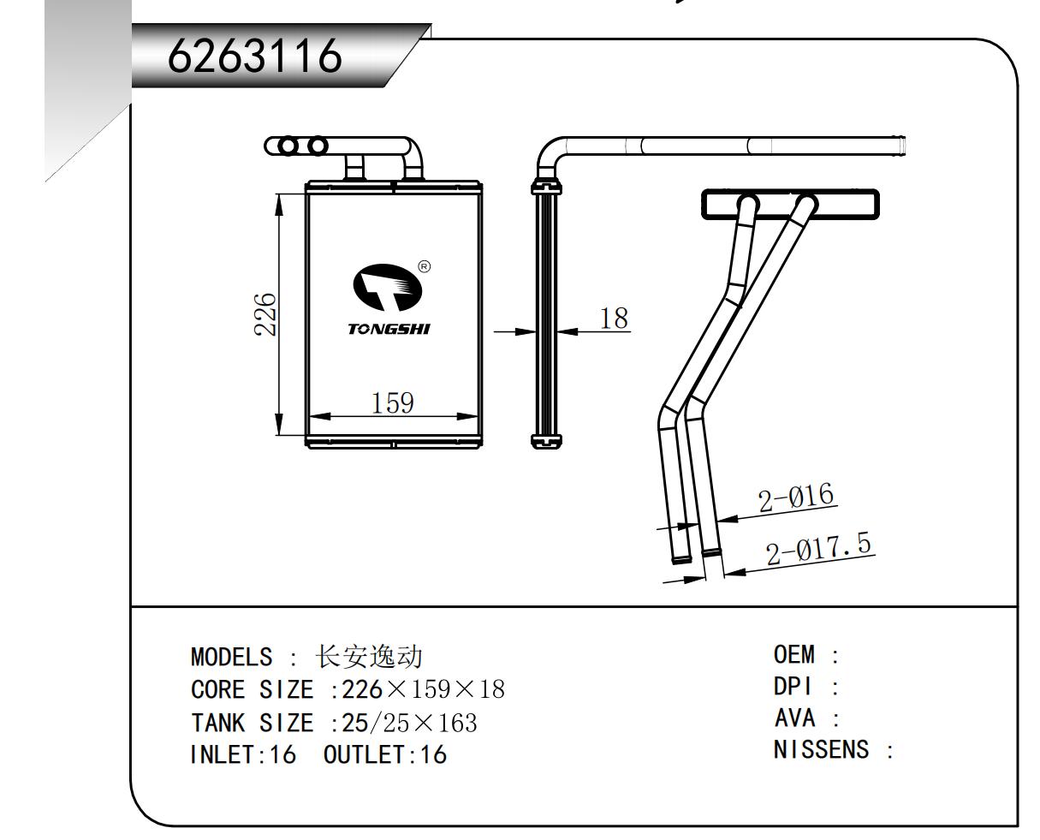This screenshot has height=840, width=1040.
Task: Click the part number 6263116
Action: tap(254, 57)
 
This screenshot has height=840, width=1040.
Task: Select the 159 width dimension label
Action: tap(393, 402)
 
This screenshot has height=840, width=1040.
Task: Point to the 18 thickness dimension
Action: tap(613, 319)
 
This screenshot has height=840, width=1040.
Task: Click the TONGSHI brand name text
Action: tap(389, 329)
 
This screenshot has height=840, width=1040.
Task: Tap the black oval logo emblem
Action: tap(388, 288)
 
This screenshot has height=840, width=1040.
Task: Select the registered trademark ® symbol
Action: tap(424, 266)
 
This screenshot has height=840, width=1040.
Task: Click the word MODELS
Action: tap(231, 658)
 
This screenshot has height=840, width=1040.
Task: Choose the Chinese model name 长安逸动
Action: tap(369, 658)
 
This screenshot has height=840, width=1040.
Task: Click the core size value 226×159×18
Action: tap(423, 690)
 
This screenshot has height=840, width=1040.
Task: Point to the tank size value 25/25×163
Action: tap(409, 724)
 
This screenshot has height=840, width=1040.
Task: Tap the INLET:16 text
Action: tap(242, 755)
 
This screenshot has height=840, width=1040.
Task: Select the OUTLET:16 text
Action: tap(385, 755)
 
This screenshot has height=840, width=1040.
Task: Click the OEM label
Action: tap(794, 655)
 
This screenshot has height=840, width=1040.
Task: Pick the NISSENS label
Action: tap(821, 750)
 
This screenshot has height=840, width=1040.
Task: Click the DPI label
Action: tap(793, 687)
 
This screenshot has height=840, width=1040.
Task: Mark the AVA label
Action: tap(794, 718)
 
